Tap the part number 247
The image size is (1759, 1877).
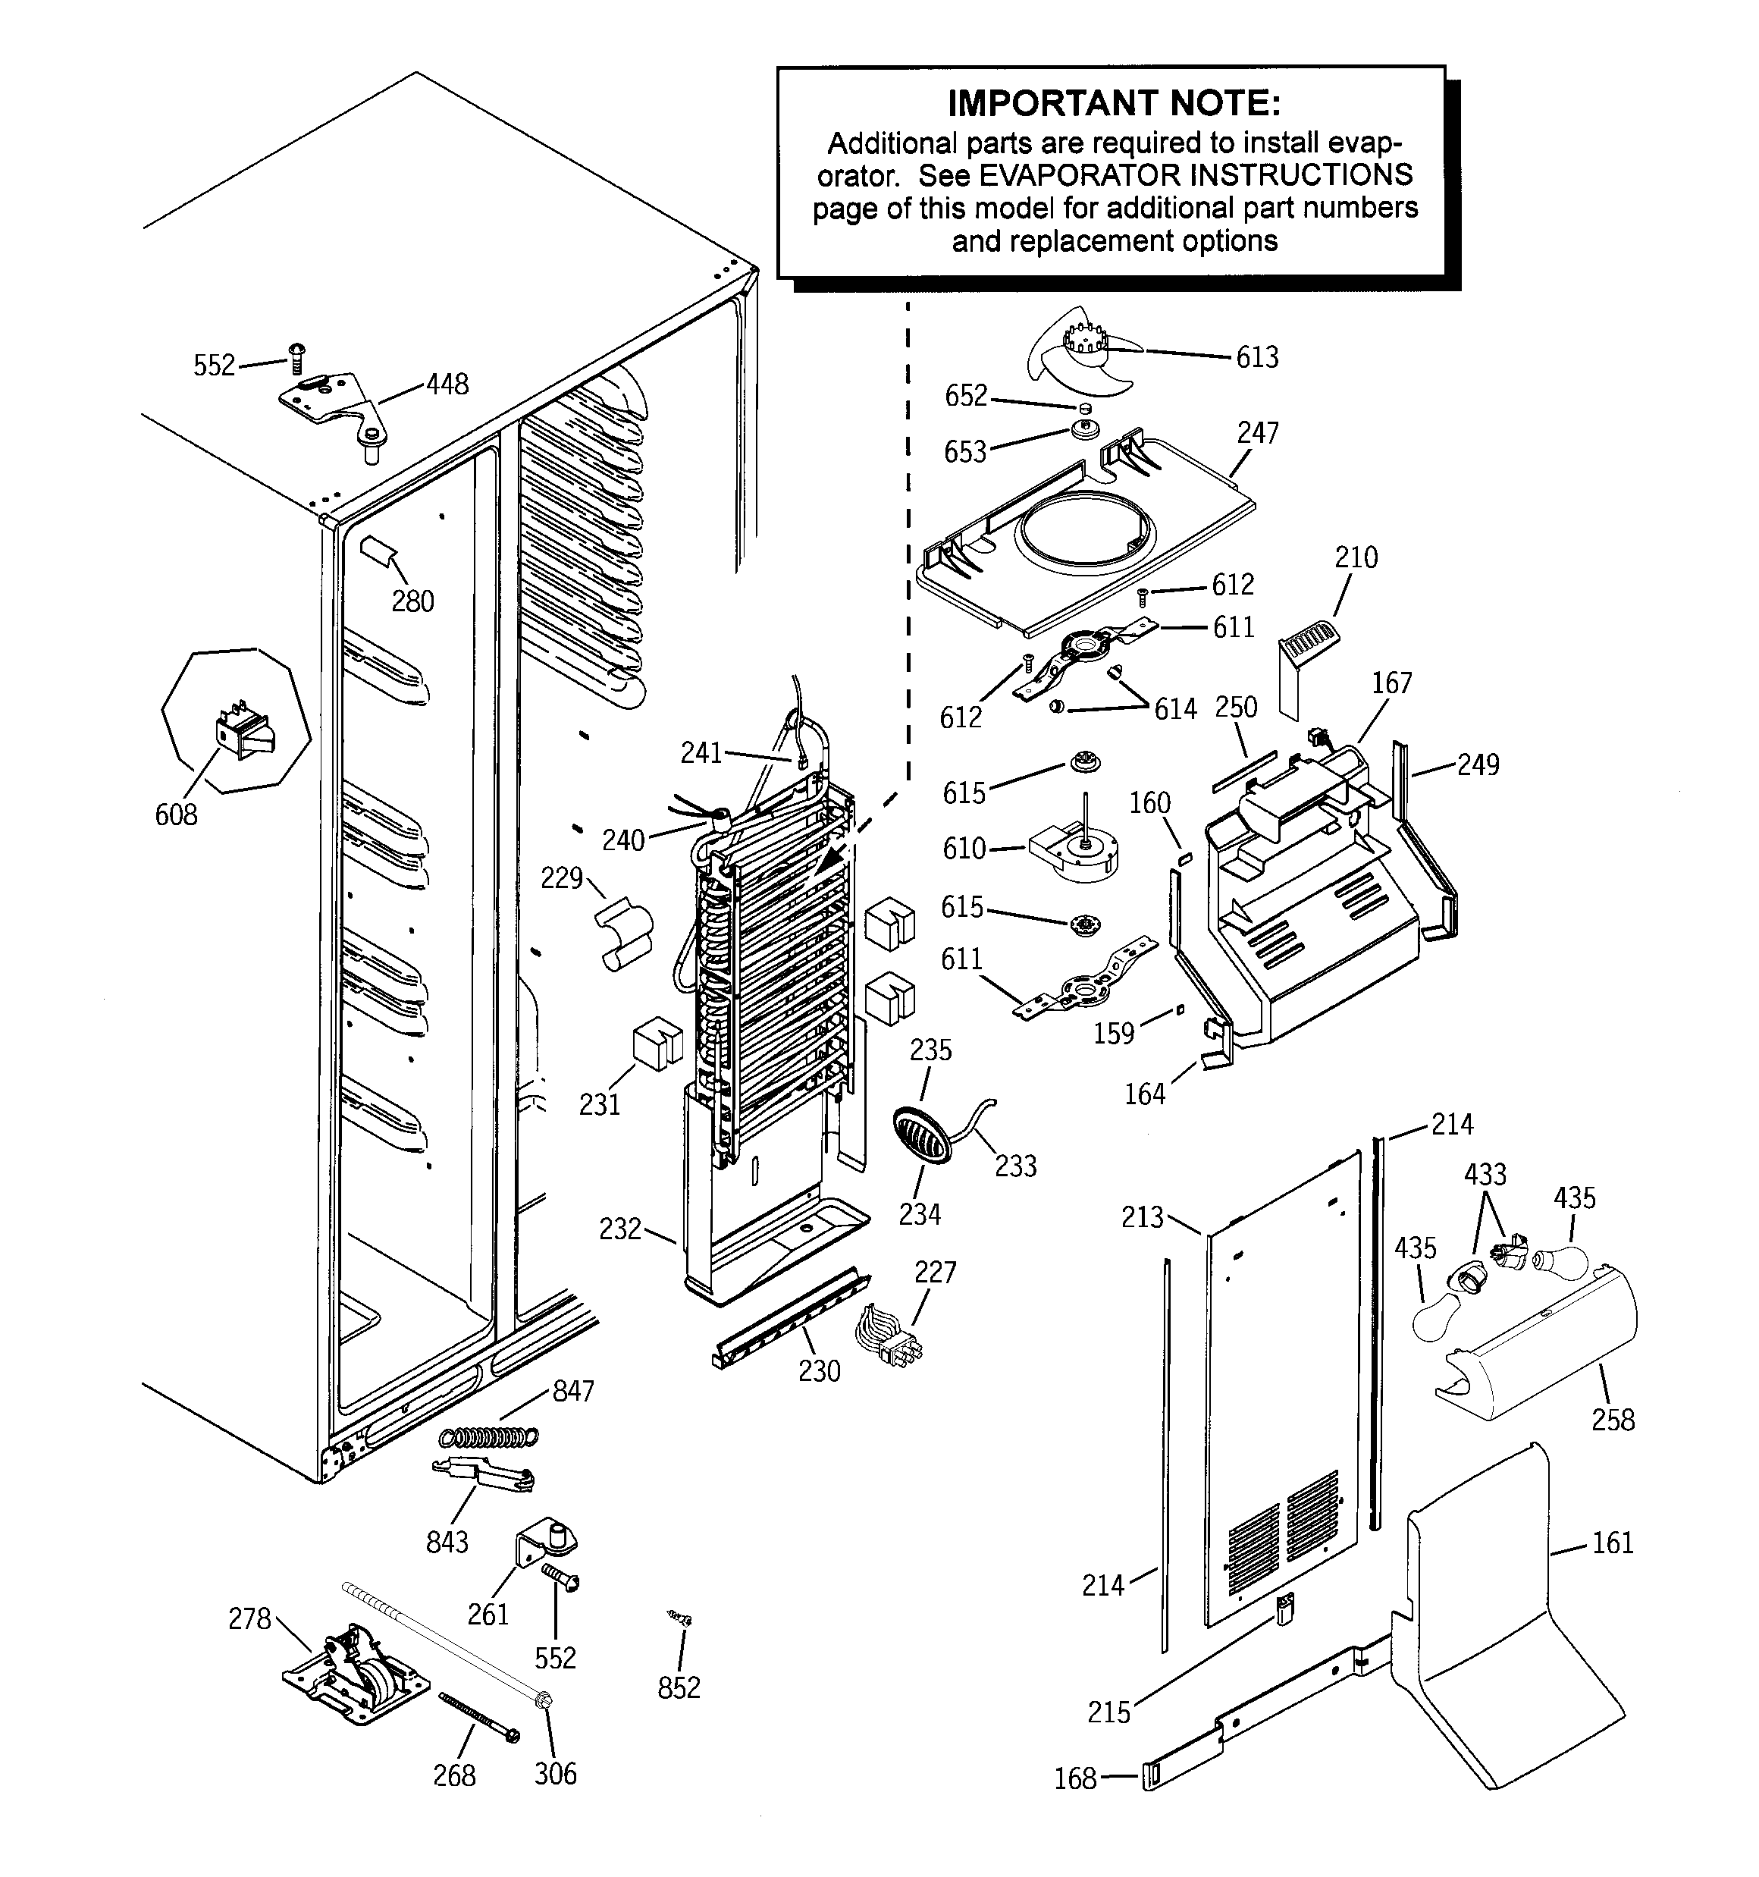[x=1258, y=432]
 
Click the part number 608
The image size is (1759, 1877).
[x=177, y=814]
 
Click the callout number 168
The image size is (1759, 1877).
[x=1075, y=1779]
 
